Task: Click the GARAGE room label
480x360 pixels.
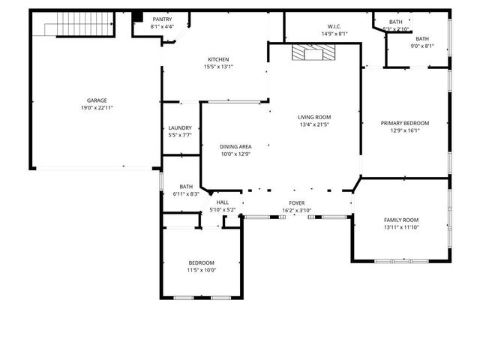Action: [x=96, y=100]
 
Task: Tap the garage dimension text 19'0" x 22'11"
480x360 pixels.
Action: [x=96, y=108]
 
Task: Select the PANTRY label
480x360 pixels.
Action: [x=162, y=19]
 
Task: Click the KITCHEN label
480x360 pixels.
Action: [x=218, y=59]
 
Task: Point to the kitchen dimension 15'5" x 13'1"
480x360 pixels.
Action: [x=218, y=67]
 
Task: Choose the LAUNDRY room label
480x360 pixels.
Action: [x=180, y=127]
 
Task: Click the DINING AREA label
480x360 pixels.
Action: [x=235, y=146]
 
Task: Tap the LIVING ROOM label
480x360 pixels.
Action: [x=314, y=117]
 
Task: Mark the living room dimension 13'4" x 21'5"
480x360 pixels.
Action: [x=314, y=124]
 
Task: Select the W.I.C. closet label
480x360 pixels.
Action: [x=334, y=25]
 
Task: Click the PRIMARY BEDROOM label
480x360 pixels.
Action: [x=405, y=123]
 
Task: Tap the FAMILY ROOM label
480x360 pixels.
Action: [x=401, y=219]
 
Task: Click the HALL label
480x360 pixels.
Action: [x=223, y=202]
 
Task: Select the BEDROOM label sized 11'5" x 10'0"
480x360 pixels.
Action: [x=201, y=262]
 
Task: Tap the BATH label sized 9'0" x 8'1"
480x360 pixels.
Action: [x=422, y=39]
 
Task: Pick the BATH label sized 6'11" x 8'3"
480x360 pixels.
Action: [x=186, y=187]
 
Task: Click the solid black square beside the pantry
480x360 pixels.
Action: [x=137, y=17]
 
